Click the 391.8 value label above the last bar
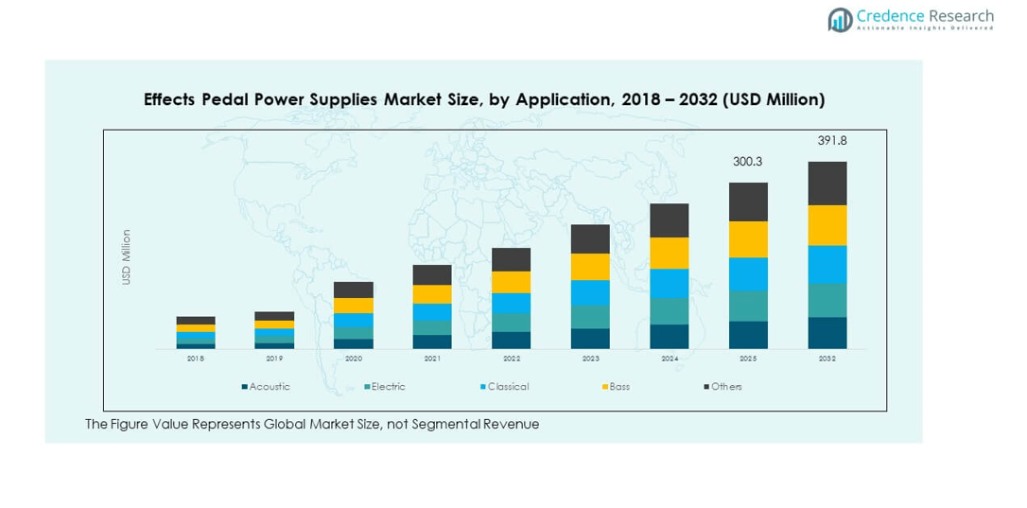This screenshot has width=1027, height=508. click(831, 141)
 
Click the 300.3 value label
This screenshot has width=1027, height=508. click(747, 162)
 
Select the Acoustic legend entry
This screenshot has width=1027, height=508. click(269, 387)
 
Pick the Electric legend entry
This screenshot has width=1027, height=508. click(388, 387)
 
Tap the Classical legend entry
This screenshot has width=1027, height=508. click(507, 387)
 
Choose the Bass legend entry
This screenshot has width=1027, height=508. click(618, 387)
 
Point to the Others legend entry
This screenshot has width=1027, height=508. click(725, 387)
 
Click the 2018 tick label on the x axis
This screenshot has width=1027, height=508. click(196, 359)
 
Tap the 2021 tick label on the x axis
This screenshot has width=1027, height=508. click(432, 359)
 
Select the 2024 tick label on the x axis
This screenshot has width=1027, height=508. click(670, 359)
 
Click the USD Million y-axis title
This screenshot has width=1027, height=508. click(127, 256)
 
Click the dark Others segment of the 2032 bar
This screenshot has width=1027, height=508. click(827, 183)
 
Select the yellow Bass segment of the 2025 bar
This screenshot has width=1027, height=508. click(748, 239)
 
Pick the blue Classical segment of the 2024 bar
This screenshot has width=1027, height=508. click(669, 284)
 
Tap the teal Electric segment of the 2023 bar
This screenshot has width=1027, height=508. click(590, 317)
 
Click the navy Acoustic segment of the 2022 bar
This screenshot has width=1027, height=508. click(511, 341)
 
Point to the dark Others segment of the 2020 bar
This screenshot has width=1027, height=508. click(354, 289)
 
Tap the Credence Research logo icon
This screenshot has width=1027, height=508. click(840, 19)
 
